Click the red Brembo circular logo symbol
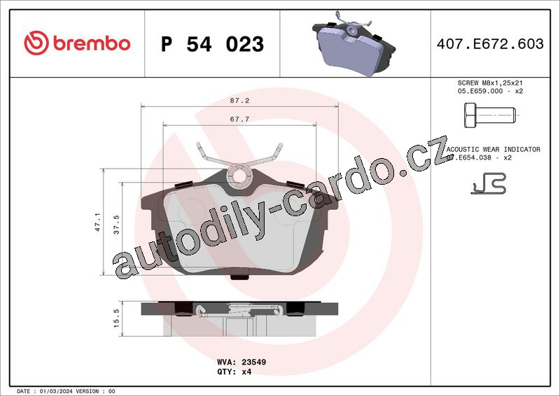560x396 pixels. point(36,43)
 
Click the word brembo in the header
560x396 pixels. point(92,43)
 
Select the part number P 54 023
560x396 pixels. point(212,44)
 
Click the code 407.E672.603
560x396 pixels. point(490,43)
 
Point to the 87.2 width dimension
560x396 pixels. point(239,101)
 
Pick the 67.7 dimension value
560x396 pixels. point(239,119)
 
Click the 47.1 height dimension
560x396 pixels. point(97,222)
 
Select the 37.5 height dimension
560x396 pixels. point(116,225)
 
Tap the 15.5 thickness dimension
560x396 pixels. point(116,318)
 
